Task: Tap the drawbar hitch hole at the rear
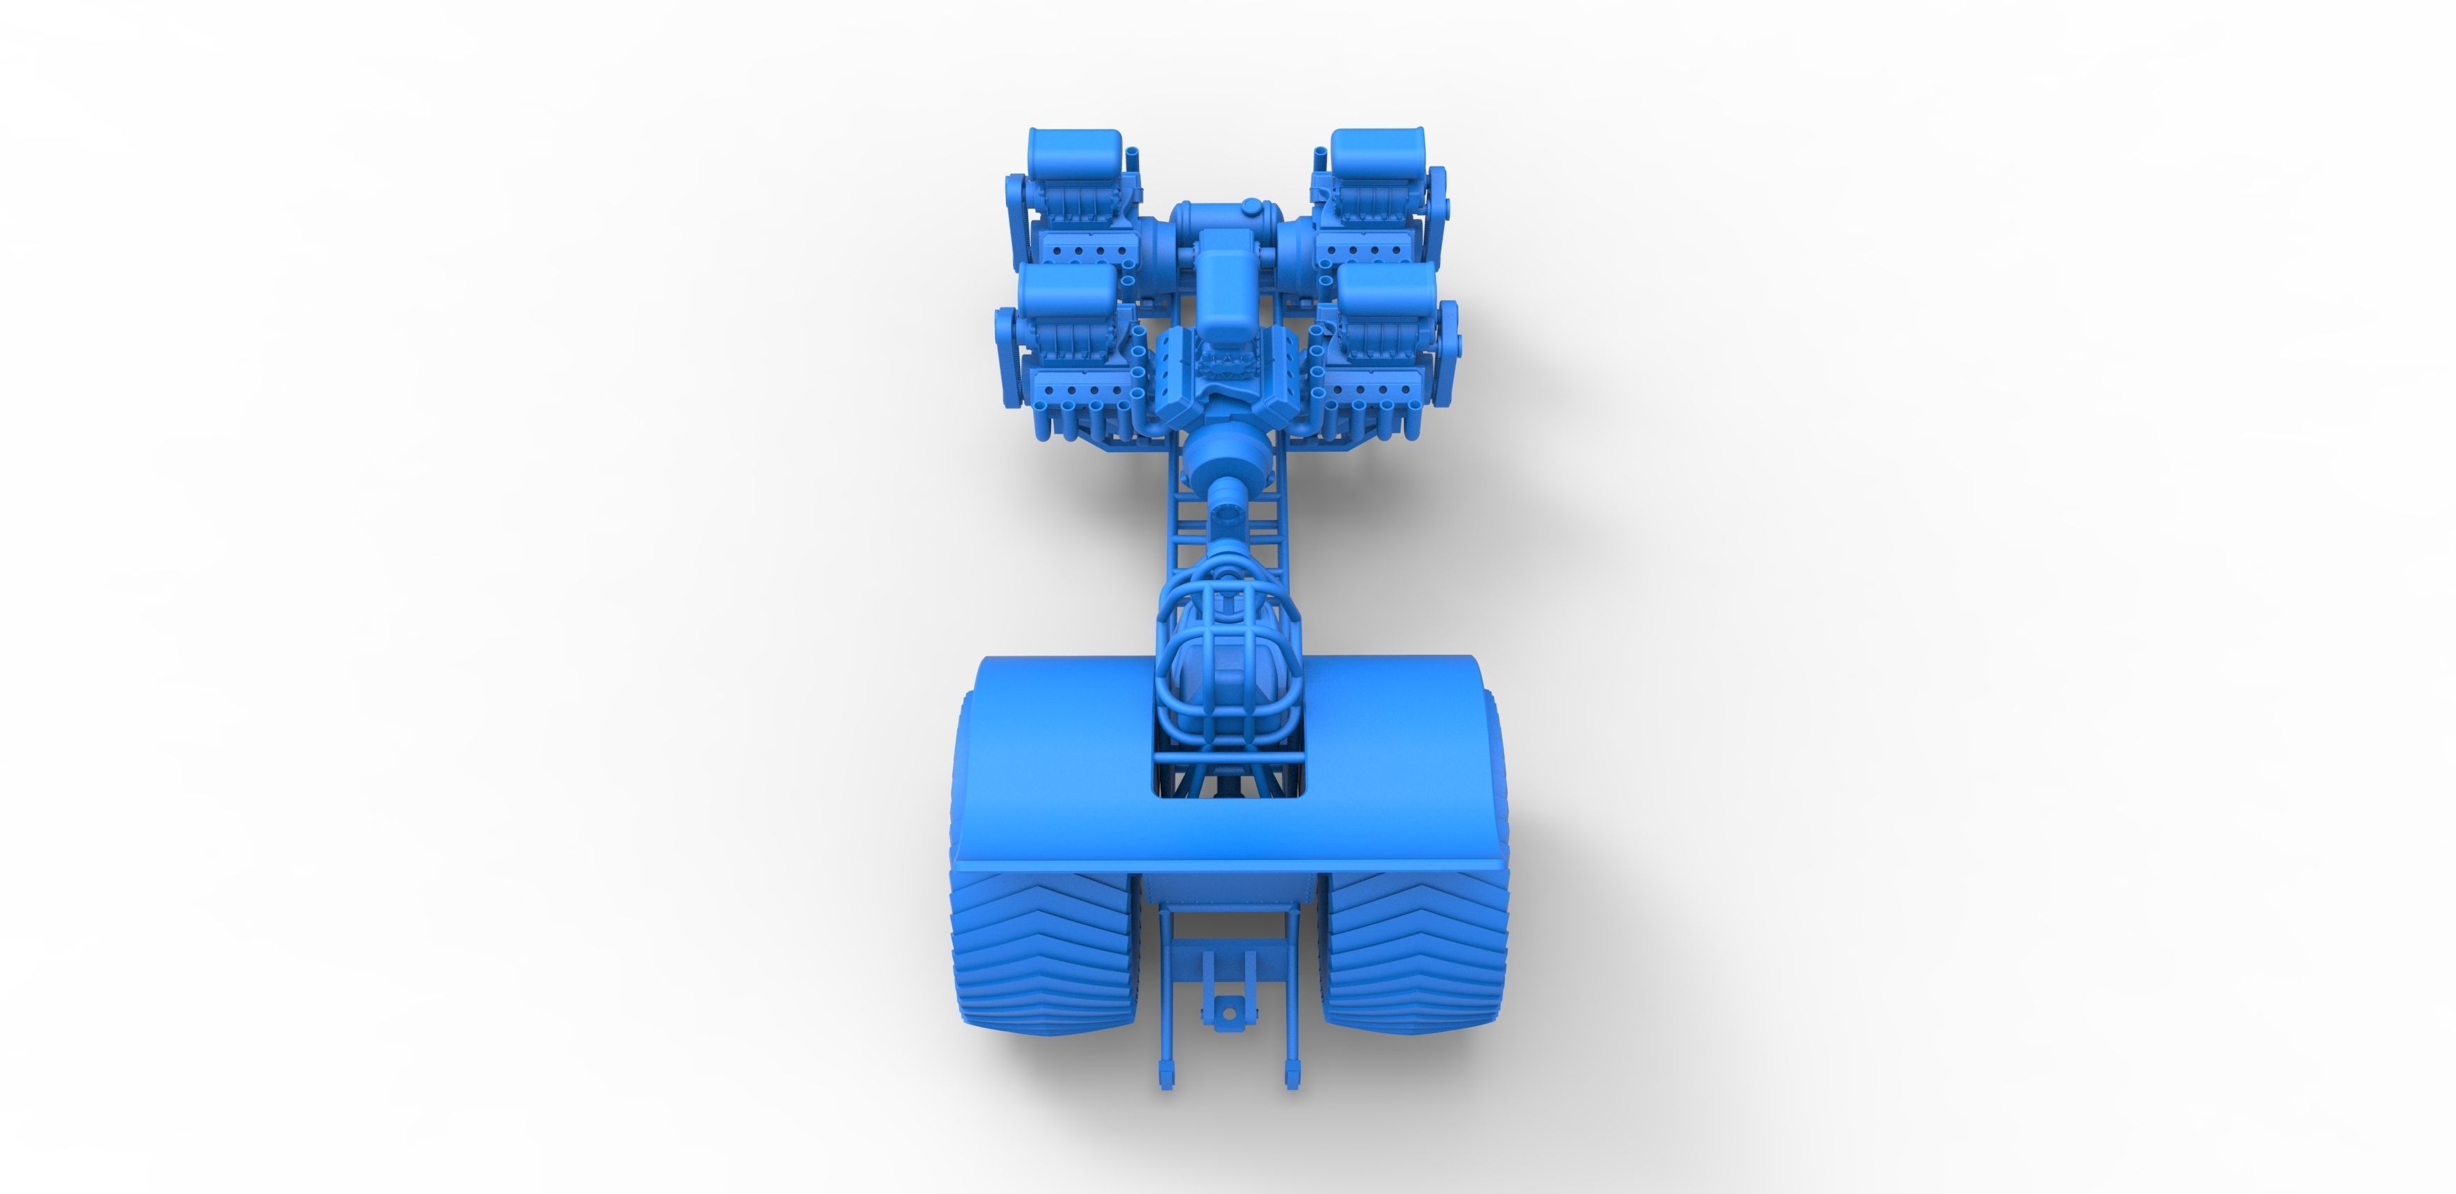point(1228,1012)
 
